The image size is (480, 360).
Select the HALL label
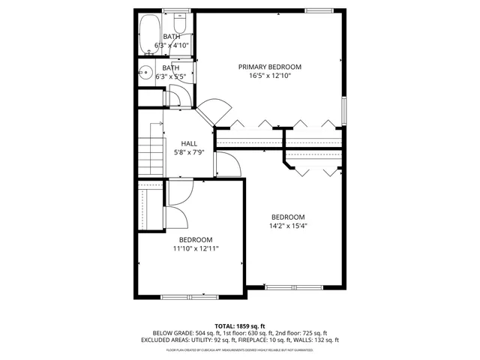(x=190, y=144)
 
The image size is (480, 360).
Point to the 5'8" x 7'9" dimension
(x=190, y=153)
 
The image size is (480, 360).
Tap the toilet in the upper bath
(x=179, y=18)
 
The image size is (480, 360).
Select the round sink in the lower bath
(x=145, y=73)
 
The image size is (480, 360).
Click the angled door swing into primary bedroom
(x=214, y=110)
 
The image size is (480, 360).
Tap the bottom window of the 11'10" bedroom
(x=184, y=297)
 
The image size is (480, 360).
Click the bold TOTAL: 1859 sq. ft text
(x=240, y=326)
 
